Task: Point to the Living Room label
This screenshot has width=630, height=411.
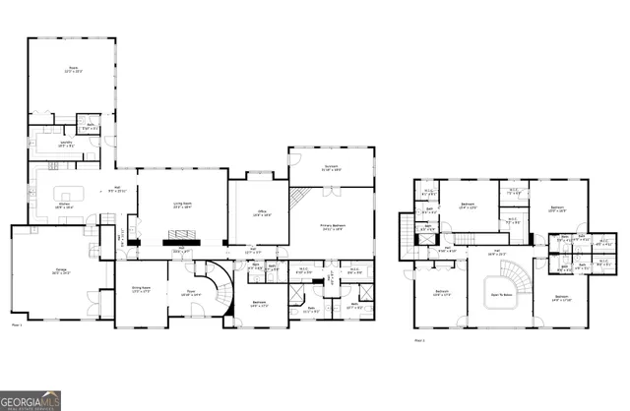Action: (181, 205)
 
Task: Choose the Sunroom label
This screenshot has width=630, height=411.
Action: (331, 168)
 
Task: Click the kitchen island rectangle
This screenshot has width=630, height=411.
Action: (70, 192)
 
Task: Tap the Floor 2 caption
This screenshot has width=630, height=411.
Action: (419, 340)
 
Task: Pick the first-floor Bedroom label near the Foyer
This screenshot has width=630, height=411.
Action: (260, 304)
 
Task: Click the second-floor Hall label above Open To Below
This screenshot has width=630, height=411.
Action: (497, 252)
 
